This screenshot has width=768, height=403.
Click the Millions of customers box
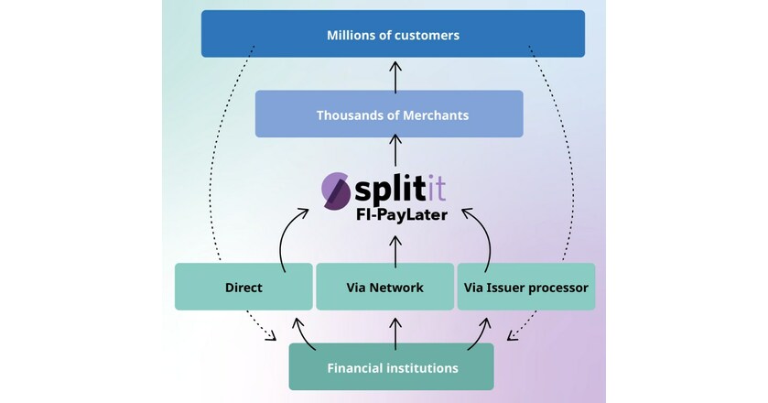[x=393, y=35]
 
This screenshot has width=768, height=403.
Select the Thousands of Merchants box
[x=389, y=114]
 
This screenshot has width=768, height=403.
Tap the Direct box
[x=243, y=287]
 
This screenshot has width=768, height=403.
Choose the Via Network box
[x=384, y=287]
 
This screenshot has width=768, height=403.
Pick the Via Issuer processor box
[x=525, y=287]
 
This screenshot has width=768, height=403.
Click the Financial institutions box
[x=392, y=367]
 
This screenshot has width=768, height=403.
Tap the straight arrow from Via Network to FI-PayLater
[x=394, y=248]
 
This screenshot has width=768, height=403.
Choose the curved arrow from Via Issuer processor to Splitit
[x=482, y=236]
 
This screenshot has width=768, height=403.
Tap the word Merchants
[x=432, y=114]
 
